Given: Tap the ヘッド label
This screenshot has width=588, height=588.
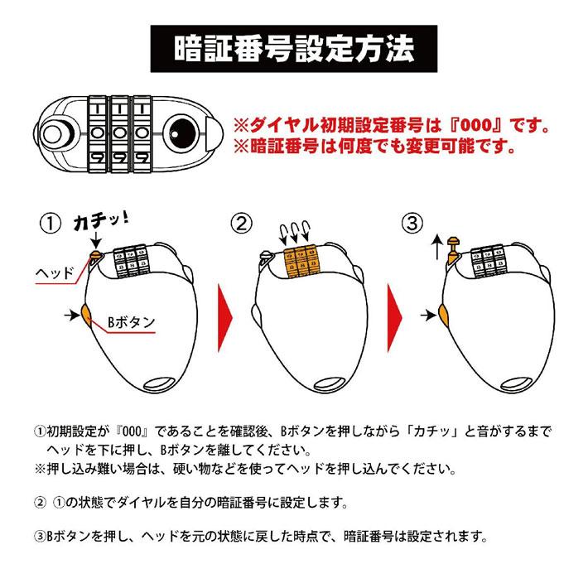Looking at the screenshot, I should (57, 272).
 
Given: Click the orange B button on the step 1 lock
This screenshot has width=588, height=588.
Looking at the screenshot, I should (86, 314).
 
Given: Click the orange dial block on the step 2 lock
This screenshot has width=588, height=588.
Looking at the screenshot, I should (301, 258).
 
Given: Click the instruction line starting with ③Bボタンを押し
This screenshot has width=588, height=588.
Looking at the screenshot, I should (258, 535).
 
